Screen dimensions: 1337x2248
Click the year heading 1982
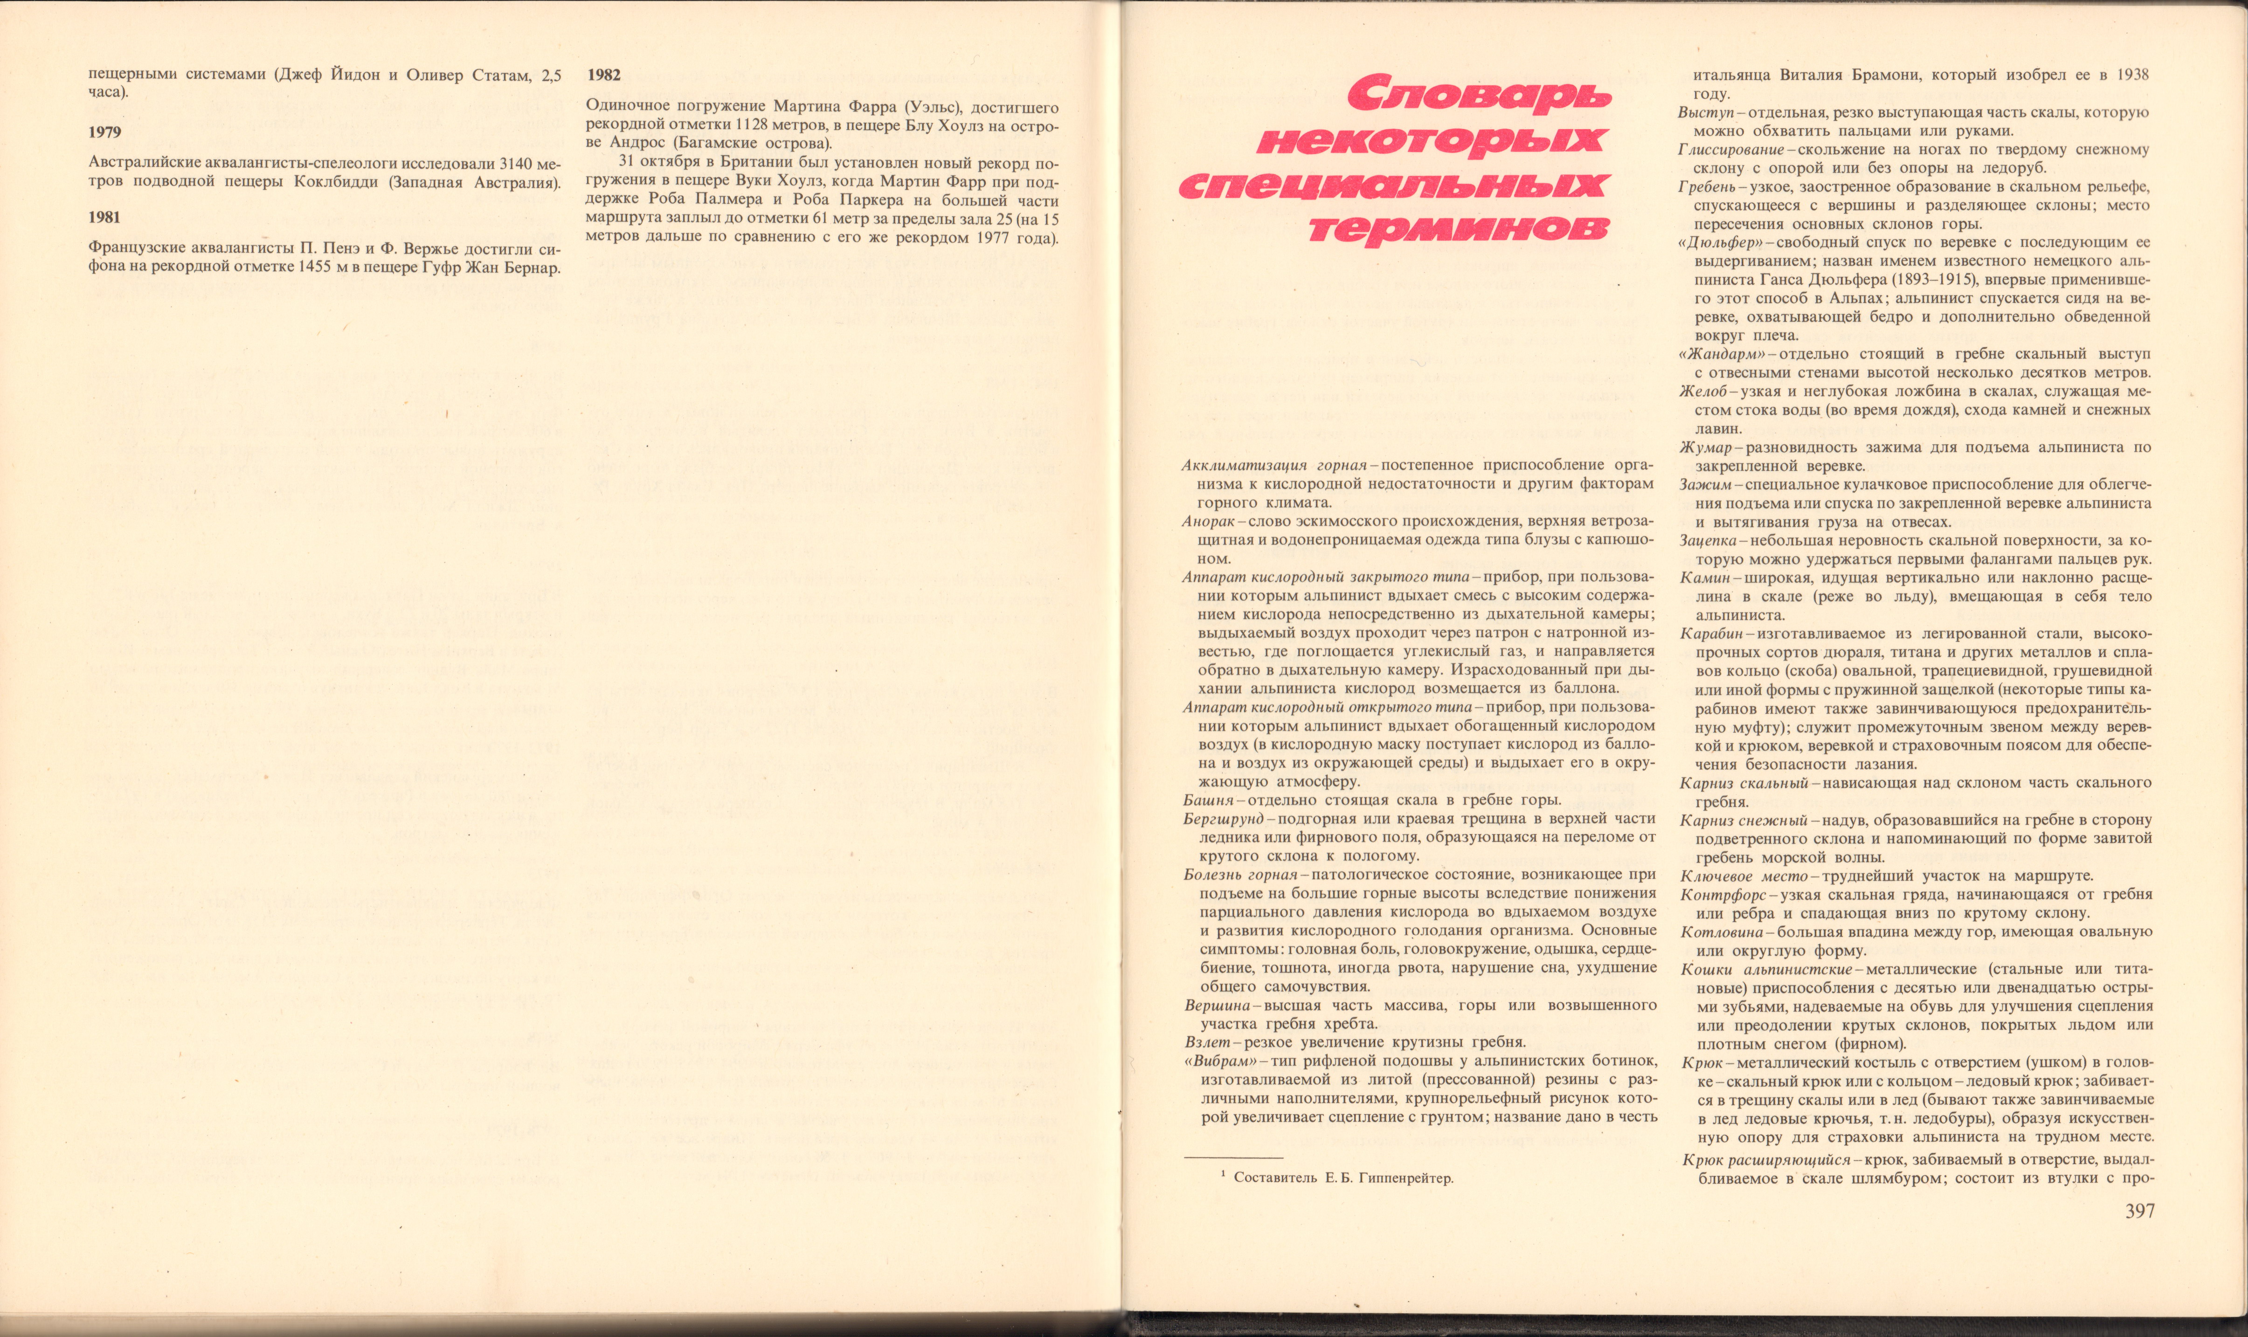(604, 76)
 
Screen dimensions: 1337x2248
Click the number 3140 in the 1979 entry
(507, 164)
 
